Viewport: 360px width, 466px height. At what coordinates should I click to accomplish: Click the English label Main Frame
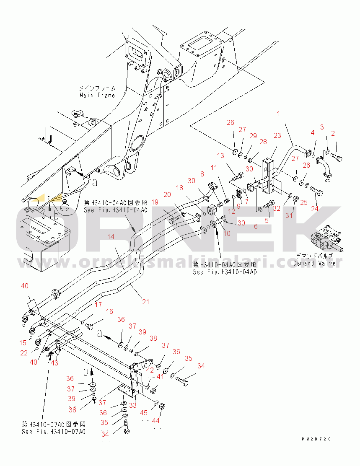click(x=97, y=95)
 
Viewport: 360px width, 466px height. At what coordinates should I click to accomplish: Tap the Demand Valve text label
click(x=314, y=263)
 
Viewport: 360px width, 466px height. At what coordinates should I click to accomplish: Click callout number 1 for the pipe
click(x=278, y=113)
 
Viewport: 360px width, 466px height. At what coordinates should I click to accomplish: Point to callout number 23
click(x=277, y=135)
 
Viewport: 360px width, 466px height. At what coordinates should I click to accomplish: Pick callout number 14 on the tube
click(x=111, y=237)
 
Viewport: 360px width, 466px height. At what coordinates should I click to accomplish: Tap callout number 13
click(x=220, y=156)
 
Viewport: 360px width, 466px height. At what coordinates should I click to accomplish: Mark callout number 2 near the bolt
click(x=333, y=134)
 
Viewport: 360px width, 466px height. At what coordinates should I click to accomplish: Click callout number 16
click(x=109, y=311)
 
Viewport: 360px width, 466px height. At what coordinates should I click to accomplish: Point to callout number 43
click(x=54, y=362)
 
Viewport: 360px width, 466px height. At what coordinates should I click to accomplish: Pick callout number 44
click(x=156, y=421)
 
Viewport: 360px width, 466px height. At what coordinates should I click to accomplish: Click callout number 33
click(x=132, y=405)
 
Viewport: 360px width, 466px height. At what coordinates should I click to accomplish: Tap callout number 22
click(x=24, y=353)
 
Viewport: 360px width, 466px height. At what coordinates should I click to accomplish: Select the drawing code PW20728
click(x=316, y=439)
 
